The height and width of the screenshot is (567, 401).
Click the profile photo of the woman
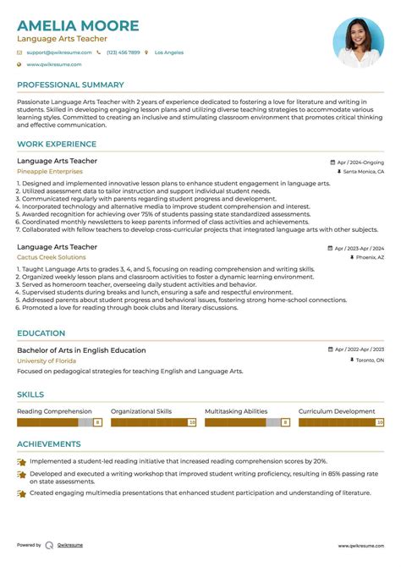[x=358, y=42]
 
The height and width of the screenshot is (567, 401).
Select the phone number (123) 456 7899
[x=123, y=52]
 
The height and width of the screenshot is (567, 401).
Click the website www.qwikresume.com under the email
[x=53, y=64]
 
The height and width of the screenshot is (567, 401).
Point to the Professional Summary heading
[x=70, y=85]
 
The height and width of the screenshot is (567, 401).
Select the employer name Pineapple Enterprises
[x=50, y=171]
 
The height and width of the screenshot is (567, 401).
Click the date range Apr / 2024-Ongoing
[x=360, y=162]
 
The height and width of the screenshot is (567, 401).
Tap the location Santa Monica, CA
[x=363, y=172]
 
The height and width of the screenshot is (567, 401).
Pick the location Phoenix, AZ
[x=369, y=257]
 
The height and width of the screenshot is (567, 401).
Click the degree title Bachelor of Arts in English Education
[x=81, y=350]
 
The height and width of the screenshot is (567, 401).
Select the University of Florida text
[x=47, y=361]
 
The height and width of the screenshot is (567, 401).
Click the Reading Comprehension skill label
[x=54, y=410]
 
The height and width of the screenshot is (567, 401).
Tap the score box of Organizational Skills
[x=192, y=421]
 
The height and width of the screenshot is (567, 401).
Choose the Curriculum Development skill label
[x=337, y=410]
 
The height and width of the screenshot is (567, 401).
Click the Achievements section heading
[x=49, y=443]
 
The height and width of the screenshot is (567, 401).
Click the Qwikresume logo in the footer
[x=50, y=546]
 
